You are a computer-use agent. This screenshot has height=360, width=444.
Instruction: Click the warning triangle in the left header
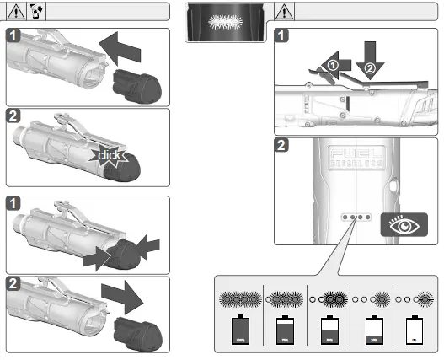[14, 13]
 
